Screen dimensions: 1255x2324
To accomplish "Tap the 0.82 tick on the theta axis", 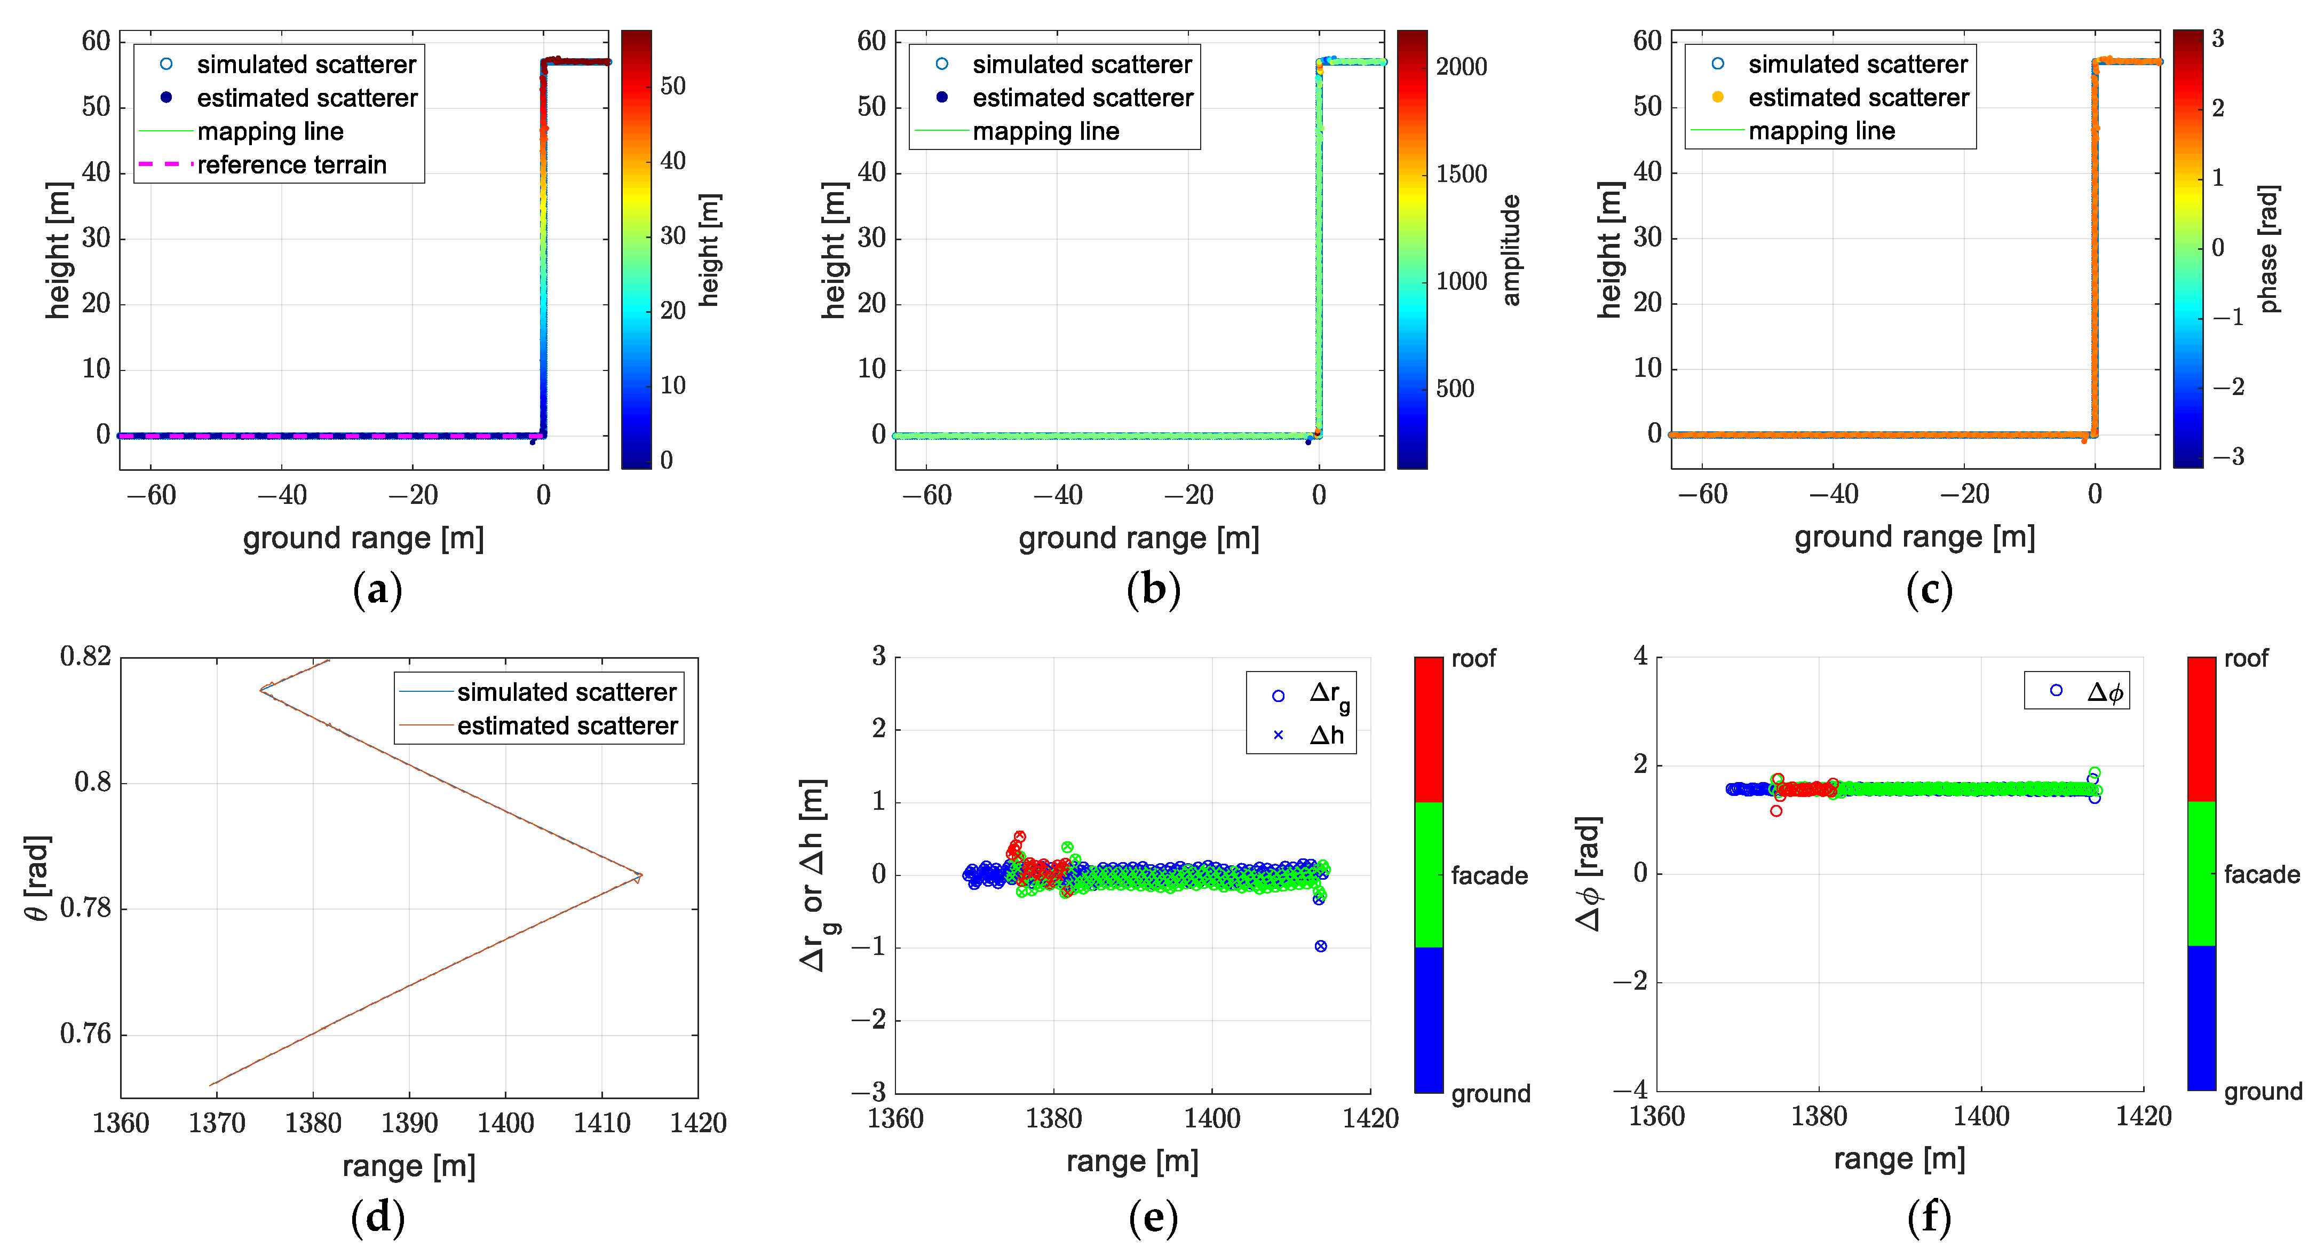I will click(86, 656).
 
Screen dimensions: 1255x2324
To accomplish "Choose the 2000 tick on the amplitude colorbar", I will click(1462, 67).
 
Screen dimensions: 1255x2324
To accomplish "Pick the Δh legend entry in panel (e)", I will click(1325, 735).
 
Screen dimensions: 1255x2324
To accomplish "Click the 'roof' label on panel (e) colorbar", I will click(1473, 659).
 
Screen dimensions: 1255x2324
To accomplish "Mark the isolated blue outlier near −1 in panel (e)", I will click(1321, 946).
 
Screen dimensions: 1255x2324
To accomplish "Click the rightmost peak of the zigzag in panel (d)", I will click(640, 875).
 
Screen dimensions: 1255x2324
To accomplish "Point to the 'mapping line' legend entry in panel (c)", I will click(1821, 132).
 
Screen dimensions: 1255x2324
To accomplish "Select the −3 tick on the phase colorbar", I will click(2227, 456).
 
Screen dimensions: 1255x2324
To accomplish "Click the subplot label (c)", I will click(1929, 590).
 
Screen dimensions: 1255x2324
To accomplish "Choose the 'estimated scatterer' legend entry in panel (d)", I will click(567, 727).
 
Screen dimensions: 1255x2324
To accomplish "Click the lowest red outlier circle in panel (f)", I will click(1775, 811).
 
